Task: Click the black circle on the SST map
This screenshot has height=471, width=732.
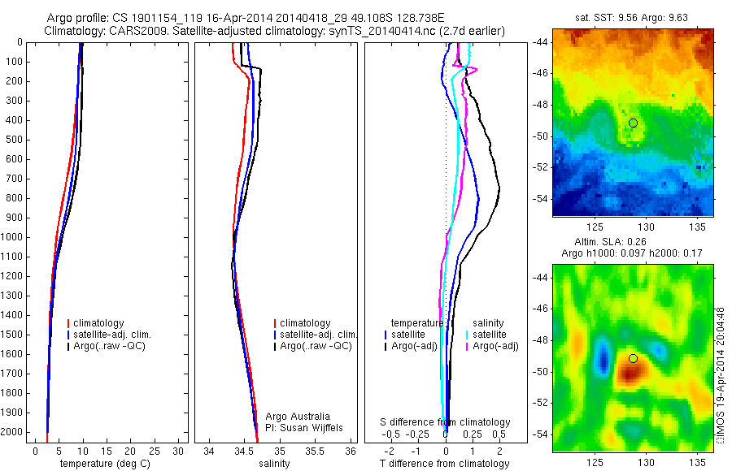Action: [633, 123]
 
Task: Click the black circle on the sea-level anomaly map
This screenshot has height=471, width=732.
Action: [633, 358]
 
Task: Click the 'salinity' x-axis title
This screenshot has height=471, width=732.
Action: [273, 464]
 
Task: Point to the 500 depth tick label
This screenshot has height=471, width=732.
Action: [15, 140]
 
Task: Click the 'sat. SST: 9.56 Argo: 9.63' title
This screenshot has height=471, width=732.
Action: [633, 18]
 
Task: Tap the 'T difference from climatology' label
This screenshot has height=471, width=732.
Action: [444, 464]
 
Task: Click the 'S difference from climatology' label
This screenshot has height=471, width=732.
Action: [446, 422]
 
